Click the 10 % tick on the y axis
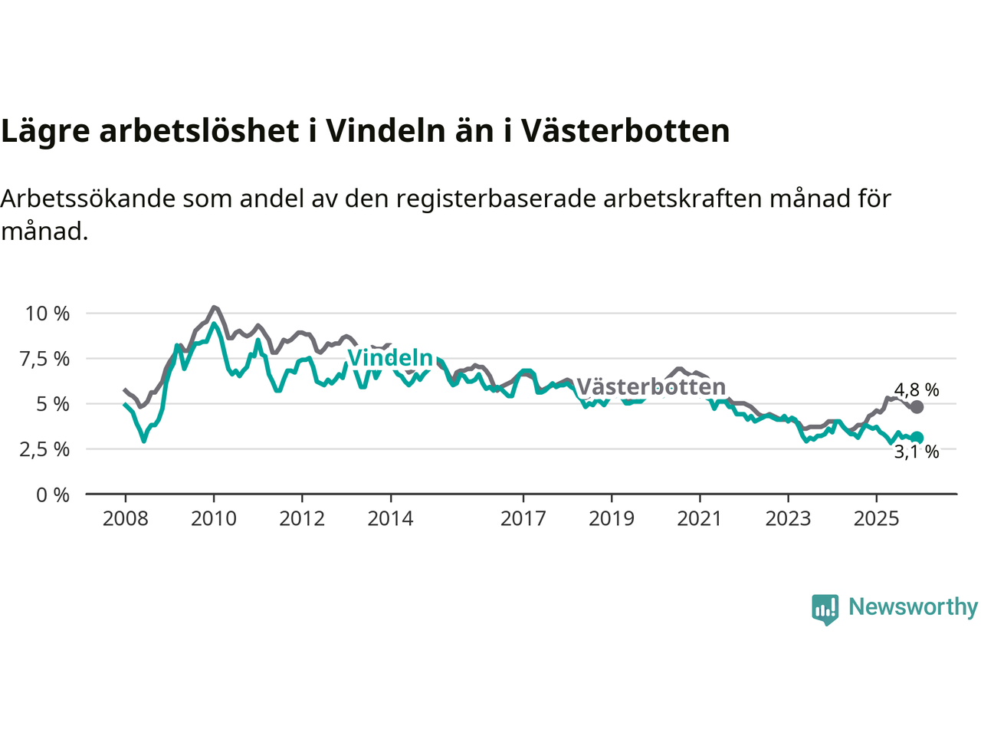click(x=48, y=314)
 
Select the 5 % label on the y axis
click(x=53, y=404)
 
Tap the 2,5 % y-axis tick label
click(x=44, y=449)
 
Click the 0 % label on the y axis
click(x=53, y=495)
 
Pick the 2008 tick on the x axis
click(x=125, y=519)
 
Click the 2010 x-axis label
click(x=214, y=519)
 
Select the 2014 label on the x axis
click(x=390, y=519)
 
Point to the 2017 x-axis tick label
click(x=523, y=519)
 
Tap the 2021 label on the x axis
click(x=700, y=519)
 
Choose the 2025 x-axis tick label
click(x=876, y=519)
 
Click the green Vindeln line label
click(x=390, y=358)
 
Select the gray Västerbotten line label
click(x=651, y=386)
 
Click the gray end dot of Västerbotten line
click(x=917, y=407)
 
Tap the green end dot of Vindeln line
click(x=917, y=438)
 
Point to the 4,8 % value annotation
click(x=917, y=390)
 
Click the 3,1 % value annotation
click(x=917, y=452)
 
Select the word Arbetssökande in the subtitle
click(x=90, y=199)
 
